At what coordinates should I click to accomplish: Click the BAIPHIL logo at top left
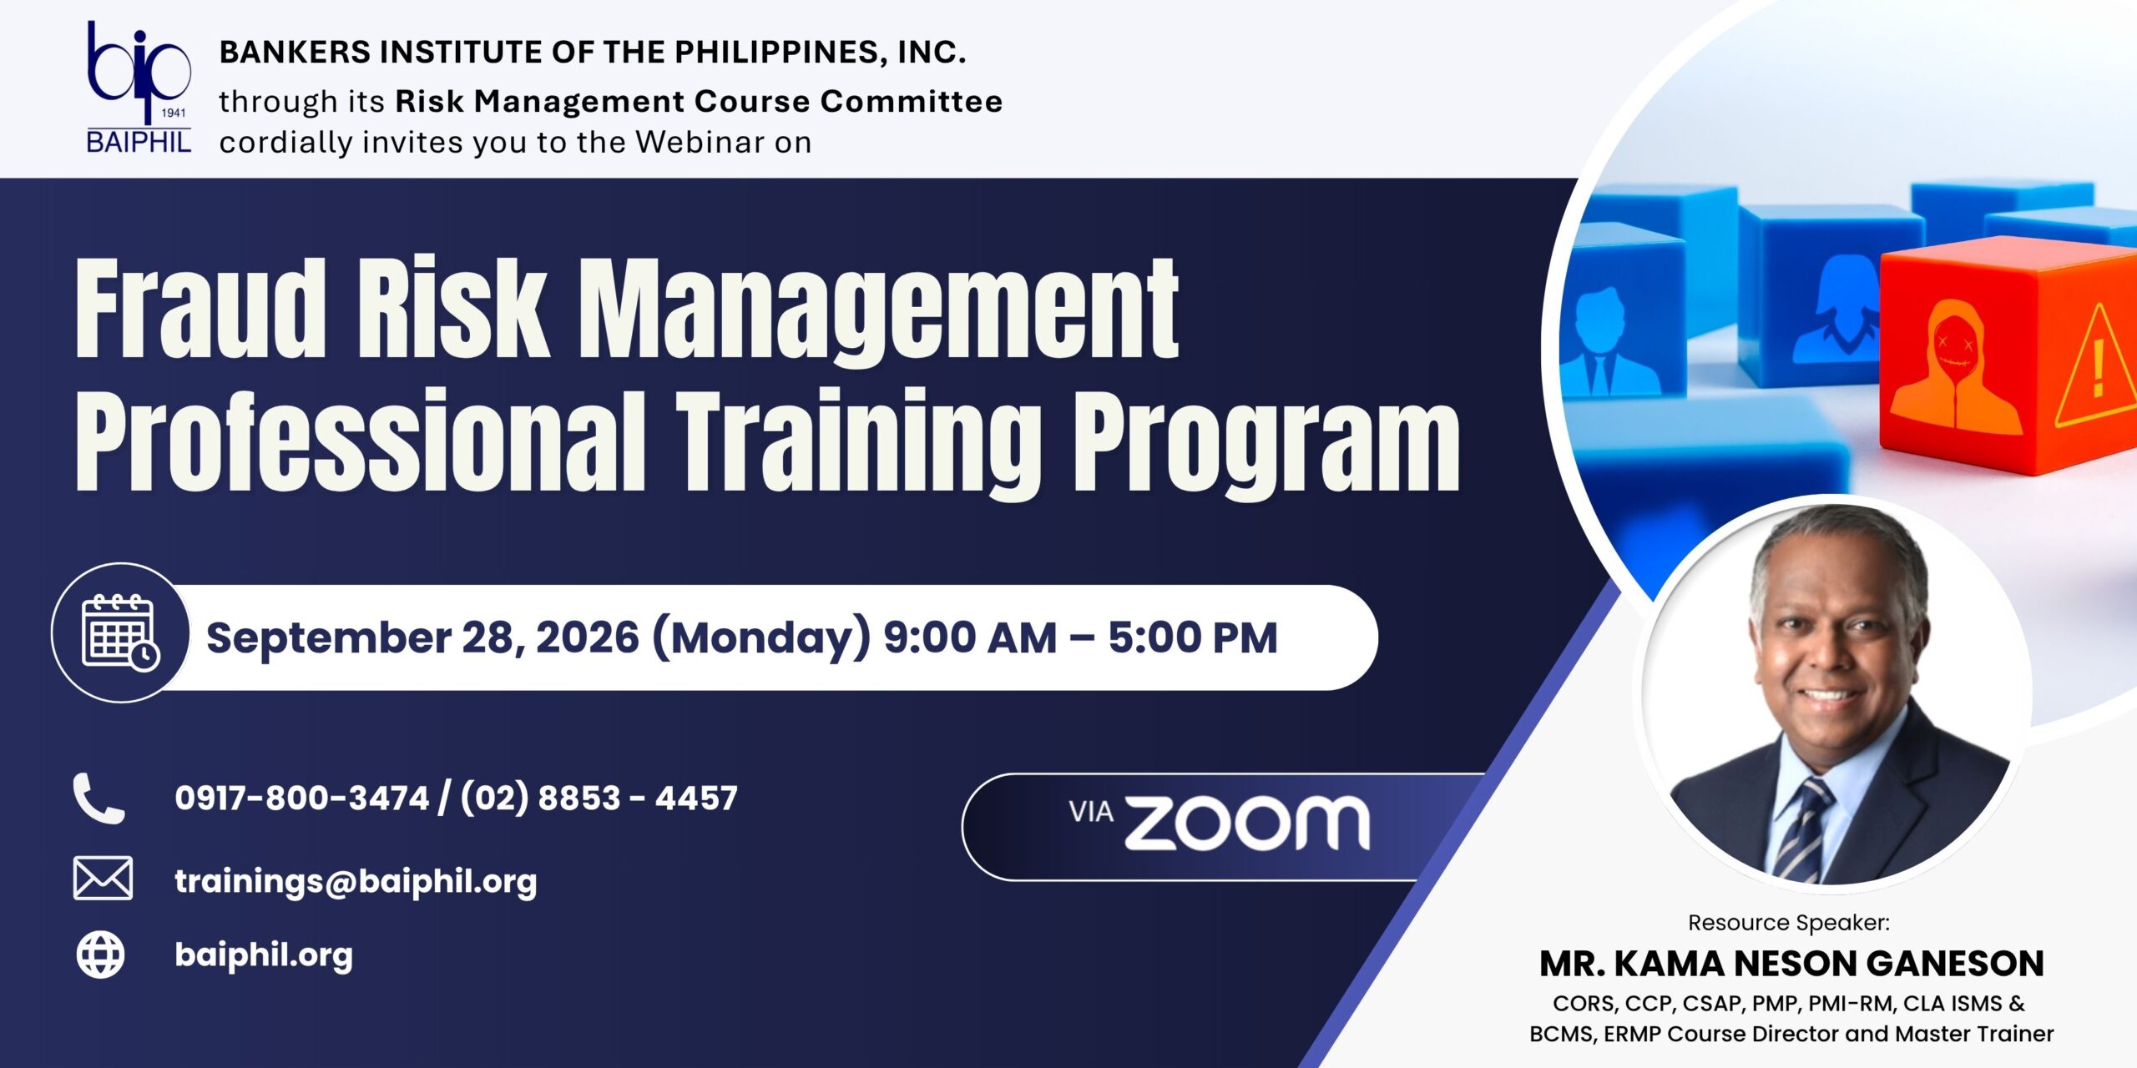click(139, 88)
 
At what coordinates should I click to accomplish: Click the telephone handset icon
click(99, 798)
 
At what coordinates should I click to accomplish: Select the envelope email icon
click(103, 878)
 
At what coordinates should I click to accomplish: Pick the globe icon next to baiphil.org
click(101, 955)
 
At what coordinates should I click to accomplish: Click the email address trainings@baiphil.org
click(356, 881)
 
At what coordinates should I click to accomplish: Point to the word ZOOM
click(1247, 824)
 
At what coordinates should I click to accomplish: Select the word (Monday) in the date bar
click(760, 638)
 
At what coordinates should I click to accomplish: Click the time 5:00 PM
click(1193, 637)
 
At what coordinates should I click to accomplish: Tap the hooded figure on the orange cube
click(1955, 368)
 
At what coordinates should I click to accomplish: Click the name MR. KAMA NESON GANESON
click(1791, 964)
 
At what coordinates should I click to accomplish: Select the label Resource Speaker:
click(1789, 922)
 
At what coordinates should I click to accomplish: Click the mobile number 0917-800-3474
click(301, 798)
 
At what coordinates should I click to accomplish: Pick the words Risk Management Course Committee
click(699, 101)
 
